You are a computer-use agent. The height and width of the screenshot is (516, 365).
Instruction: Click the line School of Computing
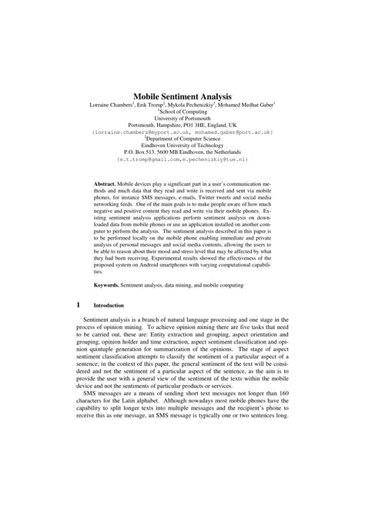pyautogui.click(x=182, y=110)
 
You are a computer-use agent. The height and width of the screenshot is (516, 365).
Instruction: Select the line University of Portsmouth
pyautogui.click(x=182, y=117)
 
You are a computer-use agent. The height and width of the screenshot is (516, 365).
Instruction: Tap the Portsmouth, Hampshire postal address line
pyautogui.click(x=182, y=124)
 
